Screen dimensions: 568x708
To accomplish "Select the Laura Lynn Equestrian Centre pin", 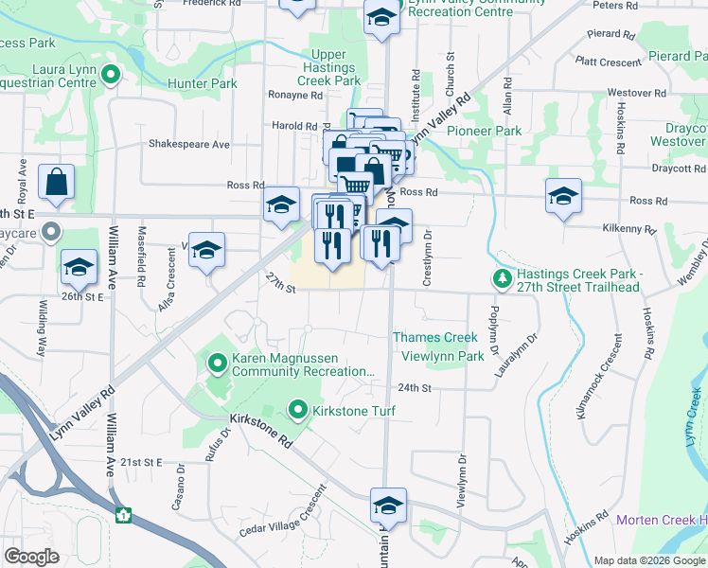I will (x=111, y=74).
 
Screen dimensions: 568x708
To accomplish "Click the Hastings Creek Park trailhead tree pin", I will (x=501, y=279).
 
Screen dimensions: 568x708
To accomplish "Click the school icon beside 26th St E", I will (x=79, y=267).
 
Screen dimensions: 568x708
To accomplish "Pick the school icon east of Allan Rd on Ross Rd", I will (x=563, y=197).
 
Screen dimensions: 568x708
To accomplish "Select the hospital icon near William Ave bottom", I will (x=122, y=516).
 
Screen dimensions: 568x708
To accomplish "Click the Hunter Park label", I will (x=202, y=84).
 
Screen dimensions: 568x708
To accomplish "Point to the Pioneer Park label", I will (x=484, y=131).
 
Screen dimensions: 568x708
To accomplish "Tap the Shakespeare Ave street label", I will (x=189, y=145).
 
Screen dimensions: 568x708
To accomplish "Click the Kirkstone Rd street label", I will (x=260, y=430).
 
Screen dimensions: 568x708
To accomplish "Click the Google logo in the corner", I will (x=31, y=556).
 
